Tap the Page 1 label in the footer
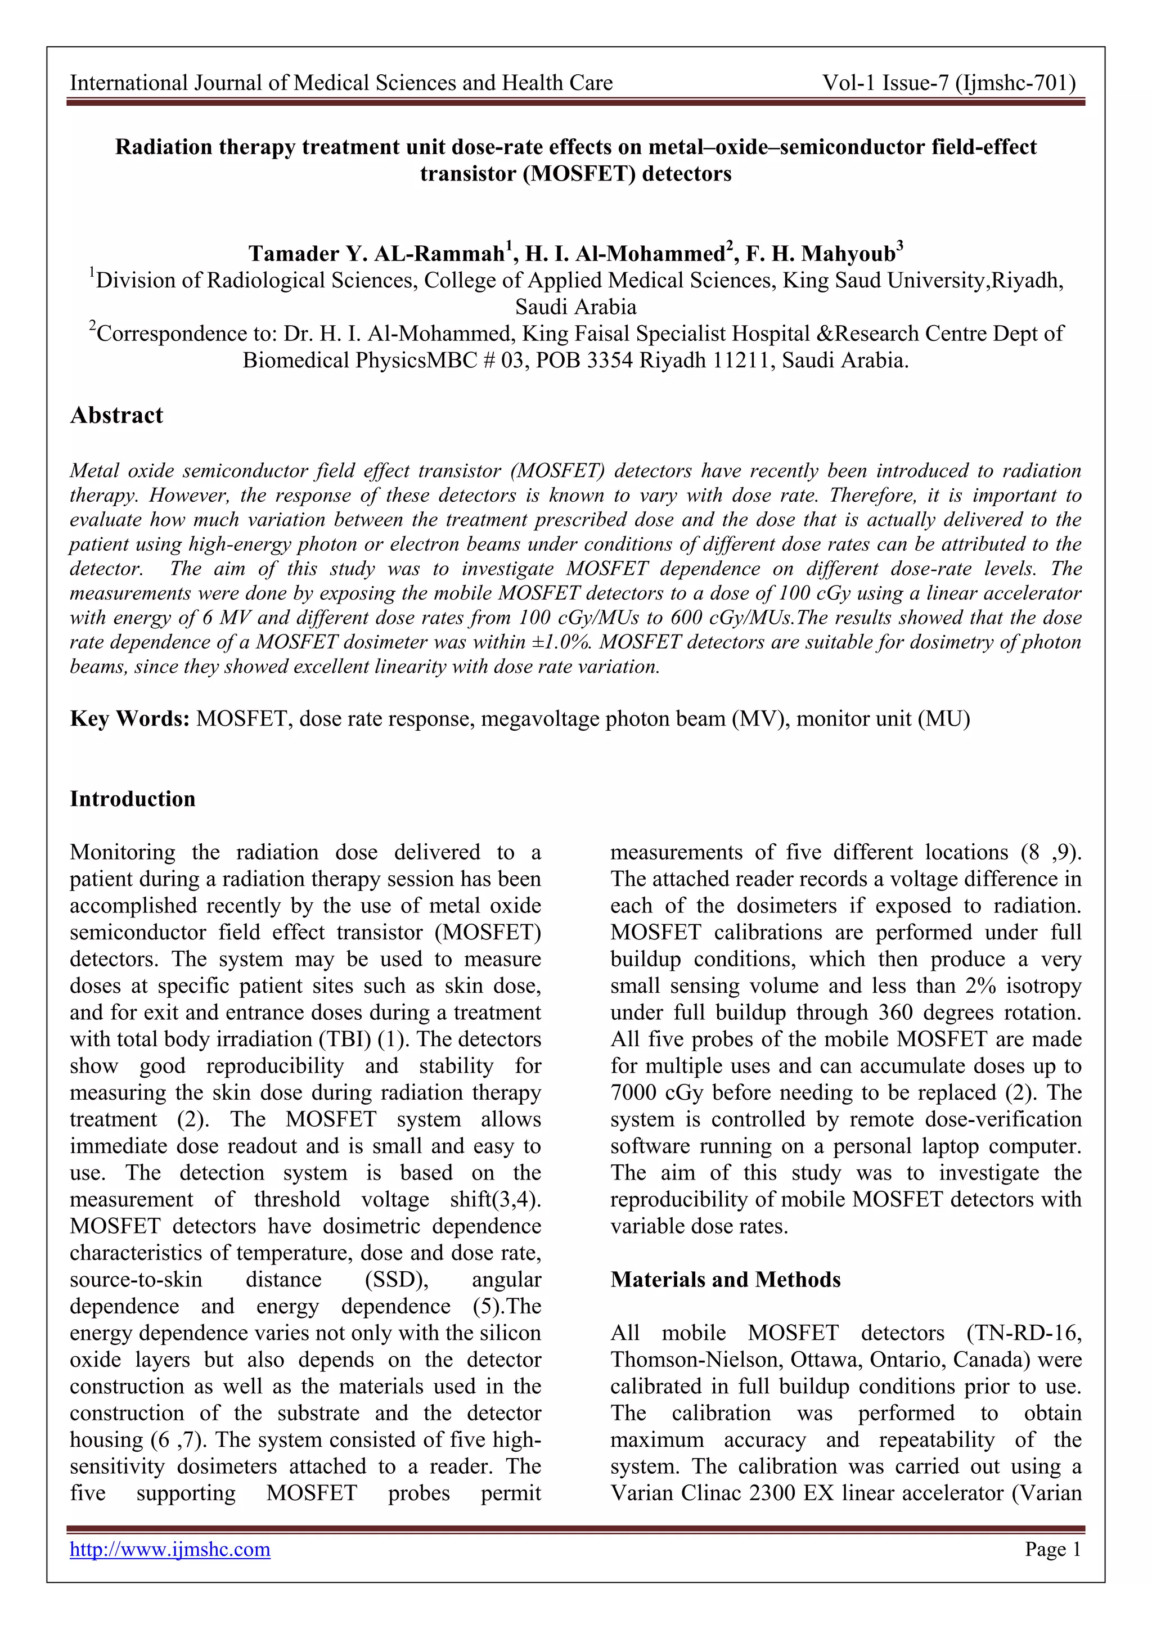point(1052,1549)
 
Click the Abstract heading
point(116,415)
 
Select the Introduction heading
point(133,799)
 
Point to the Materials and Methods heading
point(725,1279)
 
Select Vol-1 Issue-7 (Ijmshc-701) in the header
point(949,83)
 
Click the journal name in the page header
point(341,83)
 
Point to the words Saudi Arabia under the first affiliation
point(575,307)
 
